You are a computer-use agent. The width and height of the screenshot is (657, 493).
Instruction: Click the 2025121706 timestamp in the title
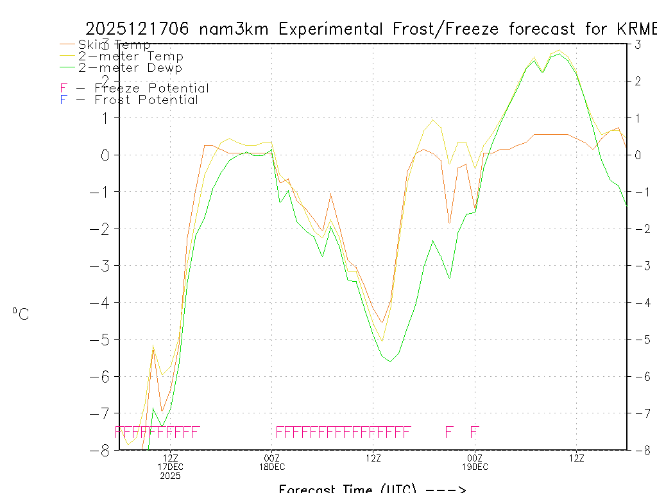(137, 29)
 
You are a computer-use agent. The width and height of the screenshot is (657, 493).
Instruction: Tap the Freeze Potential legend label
(151, 89)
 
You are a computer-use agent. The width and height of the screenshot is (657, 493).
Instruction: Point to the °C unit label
(21, 315)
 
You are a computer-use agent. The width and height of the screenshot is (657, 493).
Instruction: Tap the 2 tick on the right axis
(635, 81)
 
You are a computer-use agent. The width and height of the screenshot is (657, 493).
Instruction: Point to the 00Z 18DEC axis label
(272, 462)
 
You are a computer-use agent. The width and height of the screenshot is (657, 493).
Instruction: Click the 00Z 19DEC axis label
(475, 462)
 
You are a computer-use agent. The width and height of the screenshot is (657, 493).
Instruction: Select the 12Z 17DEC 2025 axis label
(171, 467)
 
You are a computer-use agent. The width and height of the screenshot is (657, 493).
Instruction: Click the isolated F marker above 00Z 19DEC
(475, 431)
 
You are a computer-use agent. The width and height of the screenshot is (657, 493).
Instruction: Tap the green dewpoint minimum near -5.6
(390, 361)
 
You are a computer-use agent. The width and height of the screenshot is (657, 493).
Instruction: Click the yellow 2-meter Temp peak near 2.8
(559, 49)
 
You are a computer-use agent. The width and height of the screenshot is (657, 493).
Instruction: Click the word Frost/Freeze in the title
(452, 29)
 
